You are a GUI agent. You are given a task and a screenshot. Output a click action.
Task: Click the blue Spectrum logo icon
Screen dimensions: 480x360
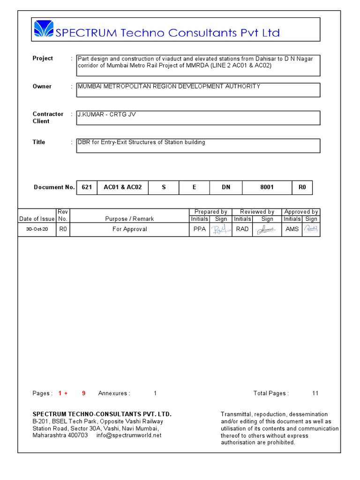pyautogui.click(x=44, y=30)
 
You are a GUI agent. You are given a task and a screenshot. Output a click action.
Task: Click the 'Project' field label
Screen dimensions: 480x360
pyautogui.click(x=43, y=59)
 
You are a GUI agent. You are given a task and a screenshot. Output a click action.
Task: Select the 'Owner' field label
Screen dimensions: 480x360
pyautogui.click(x=42, y=87)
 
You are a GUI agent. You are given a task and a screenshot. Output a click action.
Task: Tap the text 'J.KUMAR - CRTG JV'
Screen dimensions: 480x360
pyautogui.click(x=107, y=114)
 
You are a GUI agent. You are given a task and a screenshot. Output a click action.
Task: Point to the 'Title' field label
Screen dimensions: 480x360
pyautogui.click(x=39, y=142)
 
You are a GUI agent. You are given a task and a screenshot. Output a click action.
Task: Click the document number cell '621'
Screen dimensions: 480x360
pyautogui.click(x=87, y=187)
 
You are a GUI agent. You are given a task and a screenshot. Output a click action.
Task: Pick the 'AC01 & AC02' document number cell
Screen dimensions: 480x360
pyautogui.click(x=123, y=187)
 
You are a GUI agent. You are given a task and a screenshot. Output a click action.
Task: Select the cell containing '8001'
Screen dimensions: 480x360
pyautogui.click(x=267, y=187)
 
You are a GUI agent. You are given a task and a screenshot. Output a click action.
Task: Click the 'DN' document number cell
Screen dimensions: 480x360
pyautogui.click(x=226, y=187)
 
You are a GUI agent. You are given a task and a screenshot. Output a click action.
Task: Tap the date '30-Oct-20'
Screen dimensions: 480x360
pyautogui.click(x=37, y=230)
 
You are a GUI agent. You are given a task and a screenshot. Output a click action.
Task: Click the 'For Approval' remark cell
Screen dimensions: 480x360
pyautogui.click(x=129, y=229)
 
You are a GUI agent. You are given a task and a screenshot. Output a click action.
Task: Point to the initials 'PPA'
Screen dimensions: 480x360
pyautogui.click(x=200, y=229)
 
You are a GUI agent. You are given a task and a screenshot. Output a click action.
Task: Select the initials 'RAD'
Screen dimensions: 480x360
pyautogui.click(x=242, y=229)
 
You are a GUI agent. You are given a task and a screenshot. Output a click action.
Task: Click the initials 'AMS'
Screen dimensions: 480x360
pyautogui.click(x=292, y=229)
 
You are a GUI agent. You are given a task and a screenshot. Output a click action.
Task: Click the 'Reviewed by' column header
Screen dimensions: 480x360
pyautogui.click(x=257, y=212)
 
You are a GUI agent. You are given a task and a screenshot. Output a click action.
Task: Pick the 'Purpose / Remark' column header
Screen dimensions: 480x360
pyautogui.click(x=129, y=219)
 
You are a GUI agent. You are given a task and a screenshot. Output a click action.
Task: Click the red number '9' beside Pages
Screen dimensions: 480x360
pyautogui.click(x=83, y=393)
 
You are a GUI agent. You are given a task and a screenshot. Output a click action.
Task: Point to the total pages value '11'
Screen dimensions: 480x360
pyautogui.click(x=315, y=393)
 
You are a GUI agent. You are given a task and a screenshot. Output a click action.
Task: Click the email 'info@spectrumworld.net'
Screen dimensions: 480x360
pyautogui.click(x=129, y=435)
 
